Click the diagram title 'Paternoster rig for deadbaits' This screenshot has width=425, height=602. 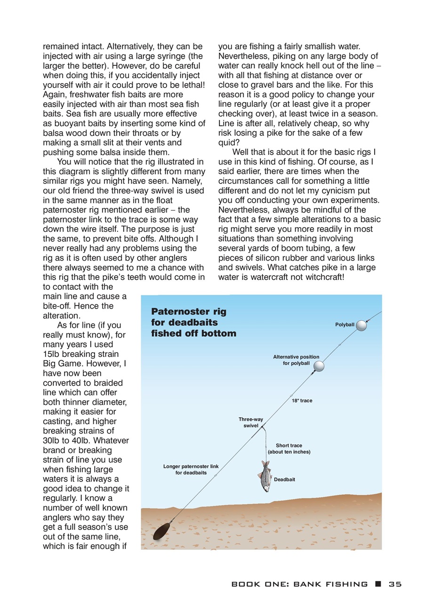[x=193, y=322]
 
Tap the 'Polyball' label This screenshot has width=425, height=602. [x=345, y=325]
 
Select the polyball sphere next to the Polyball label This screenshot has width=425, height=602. [x=361, y=325]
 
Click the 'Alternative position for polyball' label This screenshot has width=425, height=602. [x=296, y=360]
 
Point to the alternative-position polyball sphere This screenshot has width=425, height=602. [x=319, y=366]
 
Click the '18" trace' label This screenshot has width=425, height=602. [x=302, y=401]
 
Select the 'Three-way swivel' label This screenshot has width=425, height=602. [x=250, y=422]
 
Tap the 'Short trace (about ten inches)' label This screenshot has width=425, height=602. [x=289, y=449]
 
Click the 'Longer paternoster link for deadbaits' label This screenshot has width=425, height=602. [x=191, y=469]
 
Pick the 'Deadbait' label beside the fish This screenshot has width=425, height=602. [x=284, y=479]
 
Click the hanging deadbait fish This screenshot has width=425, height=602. [x=265, y=476]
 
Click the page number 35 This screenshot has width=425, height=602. [x=395, y=584]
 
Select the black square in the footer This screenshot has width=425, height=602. [x=378, y=584]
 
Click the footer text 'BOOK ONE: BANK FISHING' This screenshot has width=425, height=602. [x=299, y=584]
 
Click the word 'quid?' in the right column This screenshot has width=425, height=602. [x=229, y=143]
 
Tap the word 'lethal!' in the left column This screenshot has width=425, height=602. [x=187, y=85]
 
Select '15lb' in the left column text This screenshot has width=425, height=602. [x=53, y=354]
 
